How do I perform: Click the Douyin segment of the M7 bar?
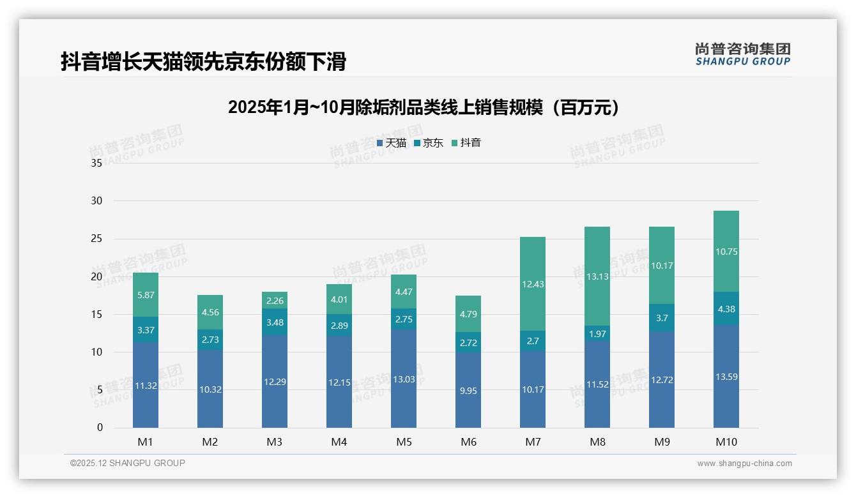533,284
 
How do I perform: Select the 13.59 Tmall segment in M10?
726,377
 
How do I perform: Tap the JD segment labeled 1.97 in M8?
597,334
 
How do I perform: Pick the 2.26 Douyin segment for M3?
275,301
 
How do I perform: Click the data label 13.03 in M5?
404,379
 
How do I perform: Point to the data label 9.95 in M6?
468,391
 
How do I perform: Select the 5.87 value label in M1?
146,295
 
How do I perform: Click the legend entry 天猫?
391,143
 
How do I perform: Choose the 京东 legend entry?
428,143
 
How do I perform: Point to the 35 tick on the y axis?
96,163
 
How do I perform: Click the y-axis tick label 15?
96,314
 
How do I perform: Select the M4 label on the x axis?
339,442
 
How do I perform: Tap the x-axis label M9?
662,442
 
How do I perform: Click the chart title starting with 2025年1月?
424,107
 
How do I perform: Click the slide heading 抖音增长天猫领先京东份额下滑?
203,62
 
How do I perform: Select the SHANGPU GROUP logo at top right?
743,54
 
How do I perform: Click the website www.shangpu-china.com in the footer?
744,464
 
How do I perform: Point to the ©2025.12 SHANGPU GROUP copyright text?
128,464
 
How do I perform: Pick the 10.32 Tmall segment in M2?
210,389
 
